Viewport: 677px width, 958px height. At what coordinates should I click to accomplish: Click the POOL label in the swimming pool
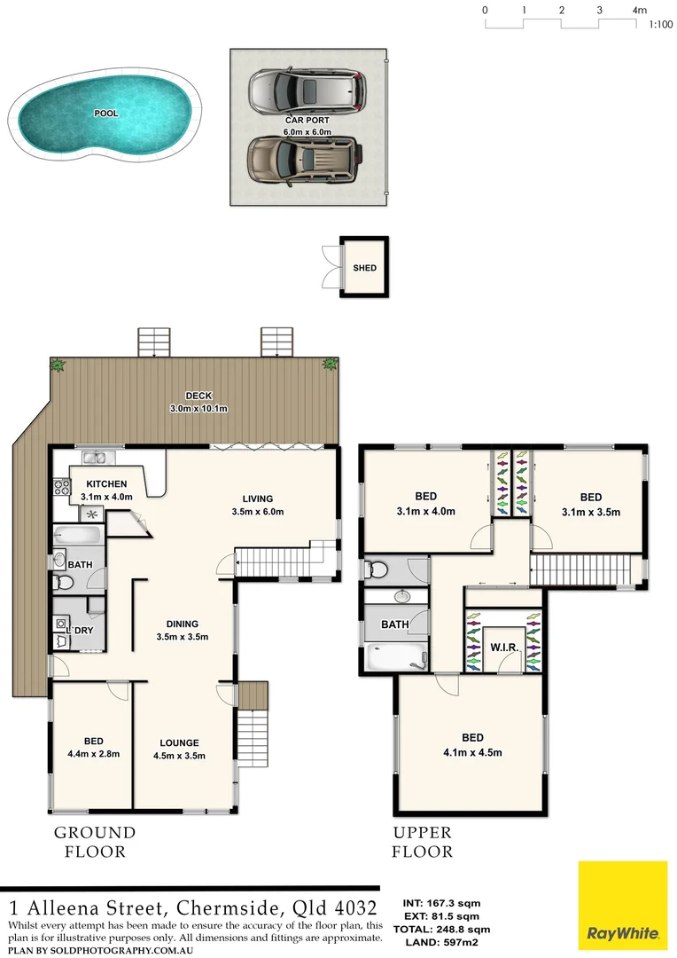(x=106, y=114)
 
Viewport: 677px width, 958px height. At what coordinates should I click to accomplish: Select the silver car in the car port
(x=307, y=90)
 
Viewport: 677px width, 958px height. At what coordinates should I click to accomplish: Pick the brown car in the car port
(x=304, y=159)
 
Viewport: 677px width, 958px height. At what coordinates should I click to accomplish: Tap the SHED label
(x=364, y=268)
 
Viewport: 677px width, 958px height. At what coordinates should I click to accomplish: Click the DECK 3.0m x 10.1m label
(x=198, y=403)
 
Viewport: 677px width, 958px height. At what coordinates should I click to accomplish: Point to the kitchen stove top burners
(x=63, y=486)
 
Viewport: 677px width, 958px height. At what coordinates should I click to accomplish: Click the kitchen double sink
(x=95, y=458)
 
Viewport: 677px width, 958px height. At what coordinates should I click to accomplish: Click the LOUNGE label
(x=179, y=743)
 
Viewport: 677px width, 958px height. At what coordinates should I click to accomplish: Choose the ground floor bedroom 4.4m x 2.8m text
(x=93, y=755)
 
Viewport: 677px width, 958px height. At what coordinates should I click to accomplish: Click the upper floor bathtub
(x=395, y=657)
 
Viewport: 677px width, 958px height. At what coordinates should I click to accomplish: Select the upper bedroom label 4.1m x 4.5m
(x=472, y=753)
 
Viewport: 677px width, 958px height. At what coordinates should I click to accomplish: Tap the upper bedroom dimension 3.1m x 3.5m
(x=590, y=512)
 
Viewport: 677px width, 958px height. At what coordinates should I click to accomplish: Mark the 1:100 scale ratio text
(x=660, y=25)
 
